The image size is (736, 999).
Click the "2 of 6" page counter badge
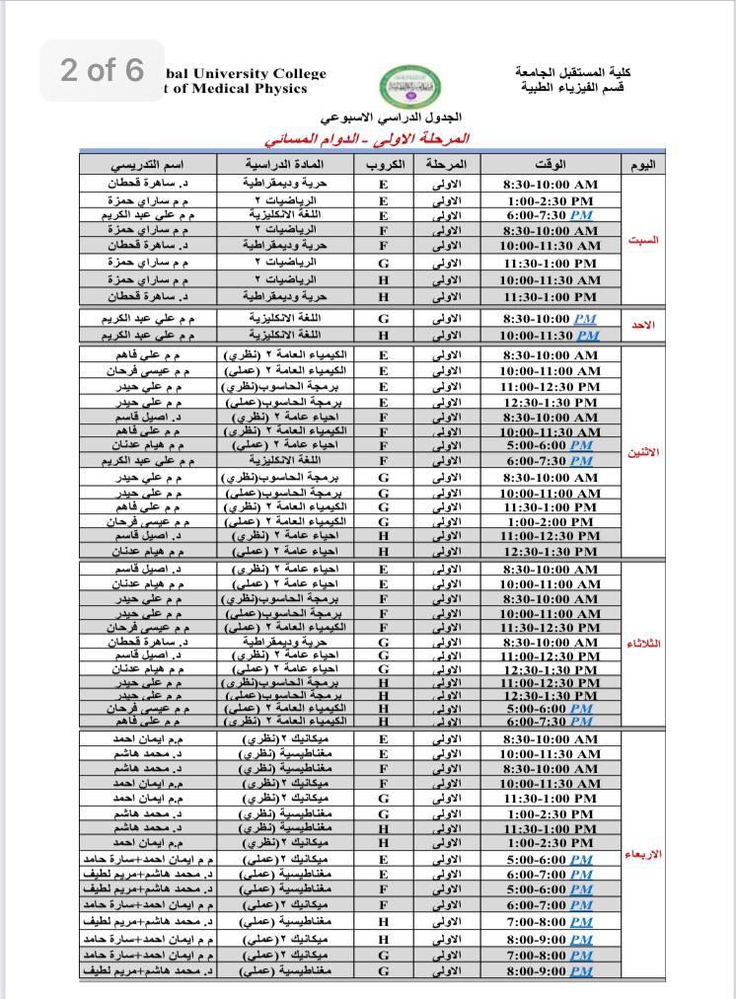[x=103, y=70]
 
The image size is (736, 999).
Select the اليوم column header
[x=642, y=164]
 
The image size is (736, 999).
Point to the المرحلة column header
[x=446, y=164]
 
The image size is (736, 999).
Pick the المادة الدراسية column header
[x=295, y=164]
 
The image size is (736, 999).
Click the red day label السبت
[x=642, y=240]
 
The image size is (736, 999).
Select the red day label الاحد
[x=642, y=325]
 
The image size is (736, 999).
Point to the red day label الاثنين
[x=643, y=453]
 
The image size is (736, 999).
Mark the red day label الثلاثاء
[x=643, y=644]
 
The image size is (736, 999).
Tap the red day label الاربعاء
[x=643, y=854]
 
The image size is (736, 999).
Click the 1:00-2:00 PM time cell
[x=551, y=521]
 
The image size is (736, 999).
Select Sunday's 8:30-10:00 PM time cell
[x=551, y=319]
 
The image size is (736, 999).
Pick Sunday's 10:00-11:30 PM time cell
[x=551, y=335]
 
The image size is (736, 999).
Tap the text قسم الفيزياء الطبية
[x=573, y=88]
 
